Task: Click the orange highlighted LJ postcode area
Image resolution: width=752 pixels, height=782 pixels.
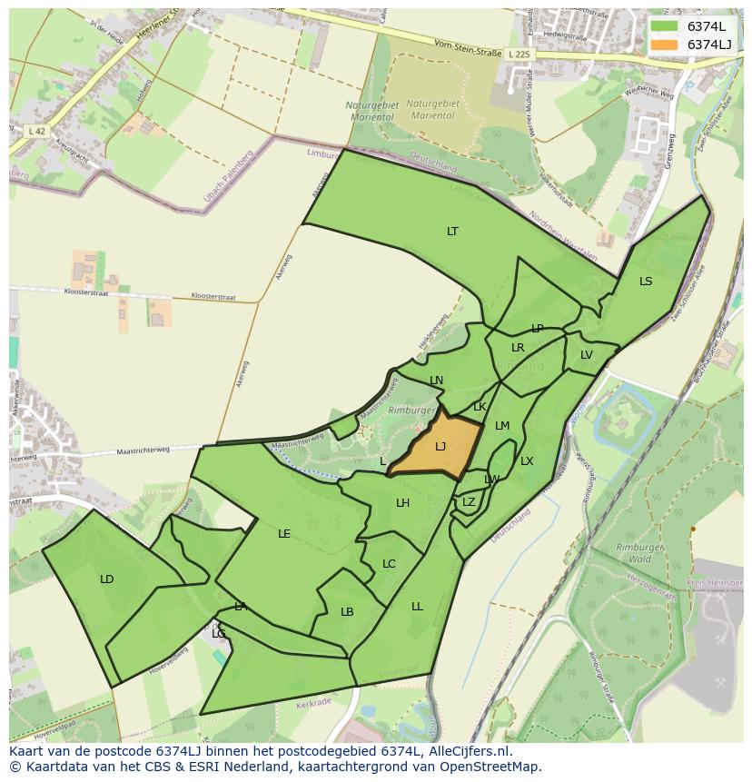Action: pos(439,446)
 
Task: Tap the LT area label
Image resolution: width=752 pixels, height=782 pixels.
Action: pos(452,232)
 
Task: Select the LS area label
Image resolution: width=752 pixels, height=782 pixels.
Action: pos(646,282)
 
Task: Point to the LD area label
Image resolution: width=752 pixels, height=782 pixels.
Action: pos(107,579)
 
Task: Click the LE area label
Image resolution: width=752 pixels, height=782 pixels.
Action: pos(284,534)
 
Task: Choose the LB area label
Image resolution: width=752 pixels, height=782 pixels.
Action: pos(347,612)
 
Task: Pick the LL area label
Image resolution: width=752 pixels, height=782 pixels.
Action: pos(417,607)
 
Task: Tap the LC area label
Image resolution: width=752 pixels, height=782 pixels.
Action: pos(389,564)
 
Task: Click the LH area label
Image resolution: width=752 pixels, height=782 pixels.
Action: pos(402,503)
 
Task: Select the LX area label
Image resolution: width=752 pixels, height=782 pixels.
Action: pos(527,461)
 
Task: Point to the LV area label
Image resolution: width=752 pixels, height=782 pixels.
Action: pos(586,355)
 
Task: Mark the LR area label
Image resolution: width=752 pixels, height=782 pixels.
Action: pos(518,348)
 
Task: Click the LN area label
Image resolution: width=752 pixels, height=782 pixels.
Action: pos(436,381)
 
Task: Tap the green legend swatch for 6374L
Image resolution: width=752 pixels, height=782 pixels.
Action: pos(664,26)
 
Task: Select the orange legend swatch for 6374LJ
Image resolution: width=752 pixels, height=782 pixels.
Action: pos(664,45)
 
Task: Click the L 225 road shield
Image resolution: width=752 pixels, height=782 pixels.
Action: pos(519,54)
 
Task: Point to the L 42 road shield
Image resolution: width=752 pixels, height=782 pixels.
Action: pos(37,131)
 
